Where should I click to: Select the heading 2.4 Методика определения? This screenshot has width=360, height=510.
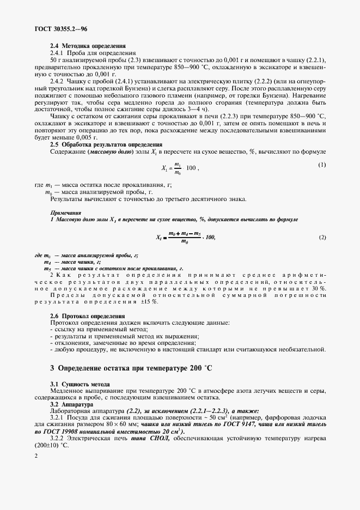click(88, 46)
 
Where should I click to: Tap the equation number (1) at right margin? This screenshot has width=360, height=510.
click(322, 165)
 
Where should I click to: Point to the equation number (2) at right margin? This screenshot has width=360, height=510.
click(322, 237)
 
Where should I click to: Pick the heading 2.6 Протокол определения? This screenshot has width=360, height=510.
click(87, 316)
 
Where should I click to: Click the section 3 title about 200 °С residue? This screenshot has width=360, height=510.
click(131, 368)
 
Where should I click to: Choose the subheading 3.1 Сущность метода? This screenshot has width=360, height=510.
click(80, 385)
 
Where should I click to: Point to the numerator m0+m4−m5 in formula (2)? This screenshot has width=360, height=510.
click(185, 233)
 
